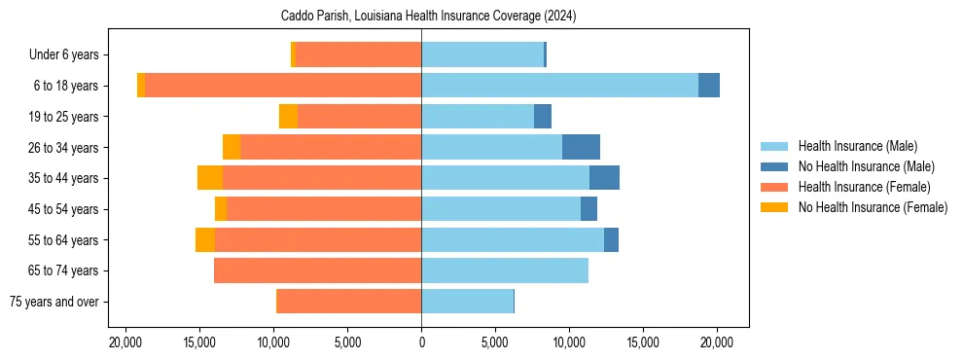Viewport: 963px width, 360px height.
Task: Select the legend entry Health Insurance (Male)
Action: pos(857,146)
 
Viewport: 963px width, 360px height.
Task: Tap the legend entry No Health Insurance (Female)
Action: pos(873,207)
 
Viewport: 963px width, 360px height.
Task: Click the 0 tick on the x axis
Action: pos(421,342)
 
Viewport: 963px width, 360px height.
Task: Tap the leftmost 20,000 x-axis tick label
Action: pos(125,342)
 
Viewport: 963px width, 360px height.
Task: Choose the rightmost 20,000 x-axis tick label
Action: pos(717,342)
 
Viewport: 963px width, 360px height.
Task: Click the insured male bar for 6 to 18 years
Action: pos(559,86)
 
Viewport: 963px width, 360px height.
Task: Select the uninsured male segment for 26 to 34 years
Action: pos(581,147)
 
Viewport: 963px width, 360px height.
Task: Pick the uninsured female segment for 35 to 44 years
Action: pos(210,178)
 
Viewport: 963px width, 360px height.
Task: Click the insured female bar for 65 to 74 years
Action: pos(317,270)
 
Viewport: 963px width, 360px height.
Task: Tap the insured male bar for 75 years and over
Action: pos(467,302)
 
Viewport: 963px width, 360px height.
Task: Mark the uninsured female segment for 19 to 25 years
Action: pos(288,117)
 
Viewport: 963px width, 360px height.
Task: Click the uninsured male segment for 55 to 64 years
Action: pos(611,239)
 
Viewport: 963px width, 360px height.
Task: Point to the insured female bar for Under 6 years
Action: pos(358,54)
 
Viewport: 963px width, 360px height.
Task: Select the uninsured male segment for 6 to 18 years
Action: pos(709,86)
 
